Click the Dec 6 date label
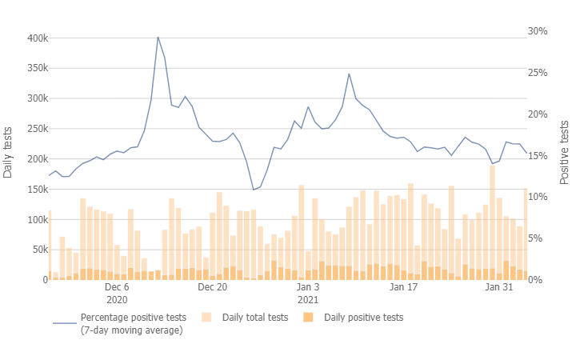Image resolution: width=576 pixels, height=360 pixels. (117, 286)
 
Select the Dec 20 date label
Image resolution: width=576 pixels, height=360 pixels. (213, 286)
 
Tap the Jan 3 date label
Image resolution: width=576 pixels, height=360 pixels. (308, 286)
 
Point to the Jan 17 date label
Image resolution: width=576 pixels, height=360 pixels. (404, 286)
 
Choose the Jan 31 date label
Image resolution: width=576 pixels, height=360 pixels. (499, 286)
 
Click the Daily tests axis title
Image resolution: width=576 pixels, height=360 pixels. (8, 152)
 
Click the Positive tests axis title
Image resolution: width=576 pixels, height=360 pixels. (565, 152)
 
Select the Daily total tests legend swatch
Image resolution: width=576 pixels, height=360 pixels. (206, 318)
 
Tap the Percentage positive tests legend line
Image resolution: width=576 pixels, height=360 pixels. (64, 323)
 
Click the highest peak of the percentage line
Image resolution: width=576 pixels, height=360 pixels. (158, 37)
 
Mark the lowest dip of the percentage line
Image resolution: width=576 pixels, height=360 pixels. (254, 190)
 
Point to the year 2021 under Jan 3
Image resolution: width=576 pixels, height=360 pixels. (308, 300)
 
